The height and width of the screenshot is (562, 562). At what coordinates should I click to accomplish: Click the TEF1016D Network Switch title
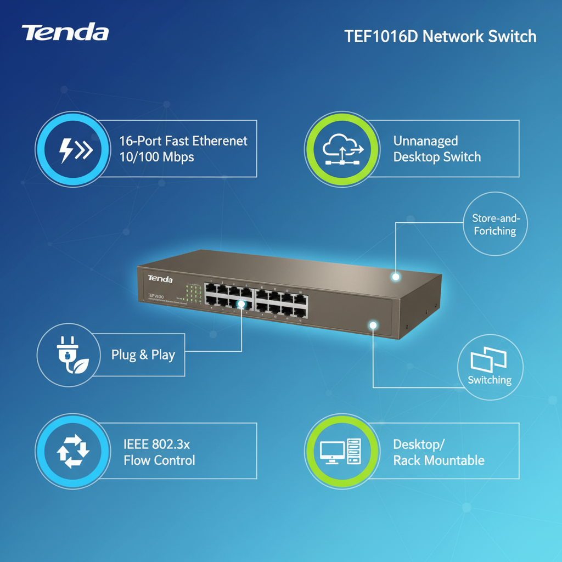click(x=440, y=37)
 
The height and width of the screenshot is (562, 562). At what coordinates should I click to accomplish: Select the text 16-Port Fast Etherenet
click(x=183, y=141)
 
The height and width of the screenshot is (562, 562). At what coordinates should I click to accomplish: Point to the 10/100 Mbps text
click(x=156, y=157)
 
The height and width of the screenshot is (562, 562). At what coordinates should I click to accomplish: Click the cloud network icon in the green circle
click(x=341, y=149)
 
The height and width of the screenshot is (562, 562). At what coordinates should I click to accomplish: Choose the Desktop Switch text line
click(x=437, y=157)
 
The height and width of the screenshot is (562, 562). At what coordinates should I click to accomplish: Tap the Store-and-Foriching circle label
click(x=495, y=224)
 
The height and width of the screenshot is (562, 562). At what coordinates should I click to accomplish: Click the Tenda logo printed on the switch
click(x=160, y=279)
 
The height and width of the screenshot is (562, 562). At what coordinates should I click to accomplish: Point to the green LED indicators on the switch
click(x=193, y=293)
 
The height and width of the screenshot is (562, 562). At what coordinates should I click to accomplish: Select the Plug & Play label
click(x=143, y=355)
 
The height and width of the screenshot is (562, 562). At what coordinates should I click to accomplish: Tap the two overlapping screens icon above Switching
click(x=488, y=359)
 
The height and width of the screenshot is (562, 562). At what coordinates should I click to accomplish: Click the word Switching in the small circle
click(x=490, y=380)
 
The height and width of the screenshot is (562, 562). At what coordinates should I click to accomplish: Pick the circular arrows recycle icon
click(x=73, y=452)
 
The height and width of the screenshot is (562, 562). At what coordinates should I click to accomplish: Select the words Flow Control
click(x=159, y=460)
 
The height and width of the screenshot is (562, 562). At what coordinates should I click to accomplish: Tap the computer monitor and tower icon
click(x=341, y=452)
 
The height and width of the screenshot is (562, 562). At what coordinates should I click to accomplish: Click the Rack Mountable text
click(x=439, y=460)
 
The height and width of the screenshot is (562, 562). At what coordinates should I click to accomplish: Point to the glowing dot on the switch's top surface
click(x=395, y=277)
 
